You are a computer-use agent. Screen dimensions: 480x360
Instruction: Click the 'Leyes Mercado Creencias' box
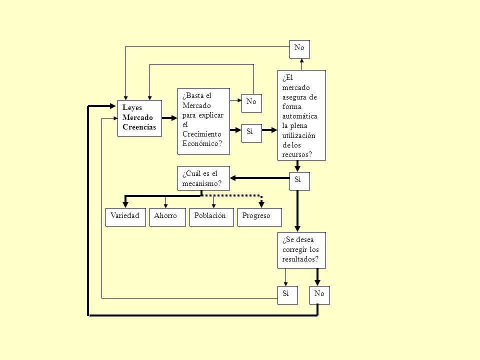point(139,118)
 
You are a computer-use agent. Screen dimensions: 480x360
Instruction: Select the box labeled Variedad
point(125,217)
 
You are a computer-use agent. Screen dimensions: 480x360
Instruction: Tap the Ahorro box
point(167,217)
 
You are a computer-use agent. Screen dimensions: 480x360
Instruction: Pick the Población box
point(211,217)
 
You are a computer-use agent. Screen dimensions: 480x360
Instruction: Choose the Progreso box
point(259,217)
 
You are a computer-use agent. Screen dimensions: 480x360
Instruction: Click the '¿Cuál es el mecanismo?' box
point(203,178)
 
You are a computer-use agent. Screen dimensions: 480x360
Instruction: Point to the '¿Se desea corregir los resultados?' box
point(301,250)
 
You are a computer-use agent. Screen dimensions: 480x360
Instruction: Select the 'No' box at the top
point(299,49)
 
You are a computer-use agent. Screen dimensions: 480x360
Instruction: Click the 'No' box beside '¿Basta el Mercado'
point(251,103)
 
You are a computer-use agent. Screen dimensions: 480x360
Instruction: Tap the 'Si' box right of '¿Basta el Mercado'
point(251,133)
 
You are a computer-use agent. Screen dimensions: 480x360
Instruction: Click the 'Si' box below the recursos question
point(299,181)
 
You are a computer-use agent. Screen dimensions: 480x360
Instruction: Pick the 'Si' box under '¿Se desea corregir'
point(288,295)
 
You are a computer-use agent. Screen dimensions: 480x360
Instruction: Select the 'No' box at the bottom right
point(319,295)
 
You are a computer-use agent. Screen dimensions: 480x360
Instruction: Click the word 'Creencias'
point(139,127)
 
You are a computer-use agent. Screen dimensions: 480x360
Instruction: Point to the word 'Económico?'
point(202,143)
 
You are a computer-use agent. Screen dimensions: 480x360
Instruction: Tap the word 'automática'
point(299,116)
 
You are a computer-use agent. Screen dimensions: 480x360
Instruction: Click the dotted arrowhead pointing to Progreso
point(261,204)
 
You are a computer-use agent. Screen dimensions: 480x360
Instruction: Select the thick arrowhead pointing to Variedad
point(125,204)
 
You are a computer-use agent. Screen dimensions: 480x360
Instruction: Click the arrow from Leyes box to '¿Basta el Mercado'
point(169,118)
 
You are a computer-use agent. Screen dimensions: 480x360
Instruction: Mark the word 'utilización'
point(298,135)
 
